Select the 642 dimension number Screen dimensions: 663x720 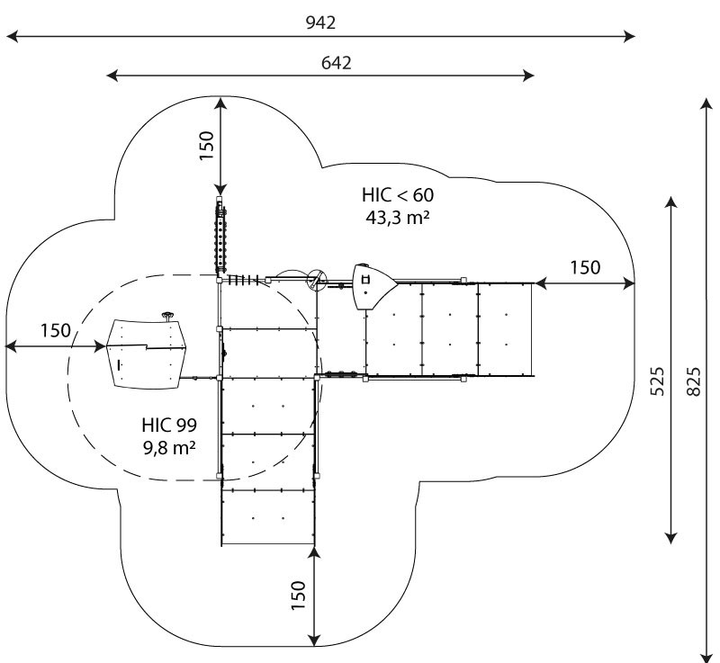(336, 63)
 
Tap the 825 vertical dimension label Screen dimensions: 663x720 (694, 381)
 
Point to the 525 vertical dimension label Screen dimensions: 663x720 (658, 381)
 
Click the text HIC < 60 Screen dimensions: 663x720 (397, 195)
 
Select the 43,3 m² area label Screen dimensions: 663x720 (397, 217)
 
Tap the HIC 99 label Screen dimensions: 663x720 (169, 424)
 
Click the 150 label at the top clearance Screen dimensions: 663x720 (206, 145)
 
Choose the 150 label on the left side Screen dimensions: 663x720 (55, 330)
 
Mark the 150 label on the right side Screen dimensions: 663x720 (585, 267)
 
